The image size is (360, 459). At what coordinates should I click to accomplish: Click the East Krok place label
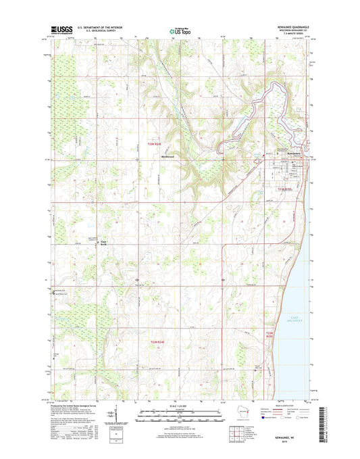point(104,243)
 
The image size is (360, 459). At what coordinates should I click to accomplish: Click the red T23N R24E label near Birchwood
point(155,143)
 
